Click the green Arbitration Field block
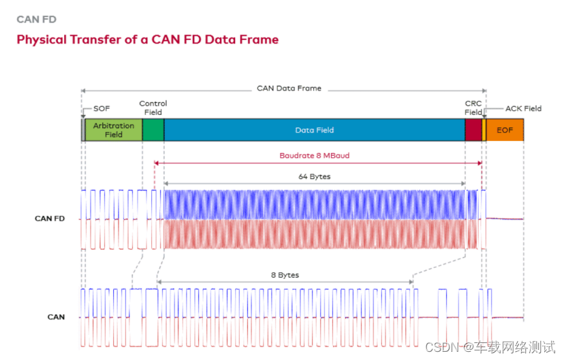pyautogui.click(x=114, y=130)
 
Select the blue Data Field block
pyautogui.click(x=314, y=130)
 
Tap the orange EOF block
pyautogui.click(x=505, y=130)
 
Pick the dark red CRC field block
pyautogui.click(x=473, y=130)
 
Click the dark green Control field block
pyautogui.click(x=153, y=130)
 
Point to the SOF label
pyautogui.click(x=101, y=109)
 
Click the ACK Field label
pyautogui.click(x=523, y=108)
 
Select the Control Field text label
pyautogui.click(x=153, y=108)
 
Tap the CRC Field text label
pyautogui.click(x=473, y=108)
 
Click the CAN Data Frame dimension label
pyautogui.click(x=289, y=88)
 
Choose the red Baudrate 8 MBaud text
pyautogui.click(x=314, y=156)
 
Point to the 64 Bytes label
pyautogui.click(x=314, y=176)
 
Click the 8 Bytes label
pyautogui.click(x=285, y=275)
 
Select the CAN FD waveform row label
pyautogui.click(x=50, y=218)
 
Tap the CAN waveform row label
pyautogui.click(x=56, y=317)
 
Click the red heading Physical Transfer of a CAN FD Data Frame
pyautogui.click(x=148, y=39)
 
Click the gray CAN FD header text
pyautogui.click(x=37, y=20)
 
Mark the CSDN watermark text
pyautogui.click(x=490, y=347)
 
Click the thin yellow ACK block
pyautogui.click(x=484, y=130)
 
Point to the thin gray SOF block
pyautogui.click(x=83, y=130)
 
